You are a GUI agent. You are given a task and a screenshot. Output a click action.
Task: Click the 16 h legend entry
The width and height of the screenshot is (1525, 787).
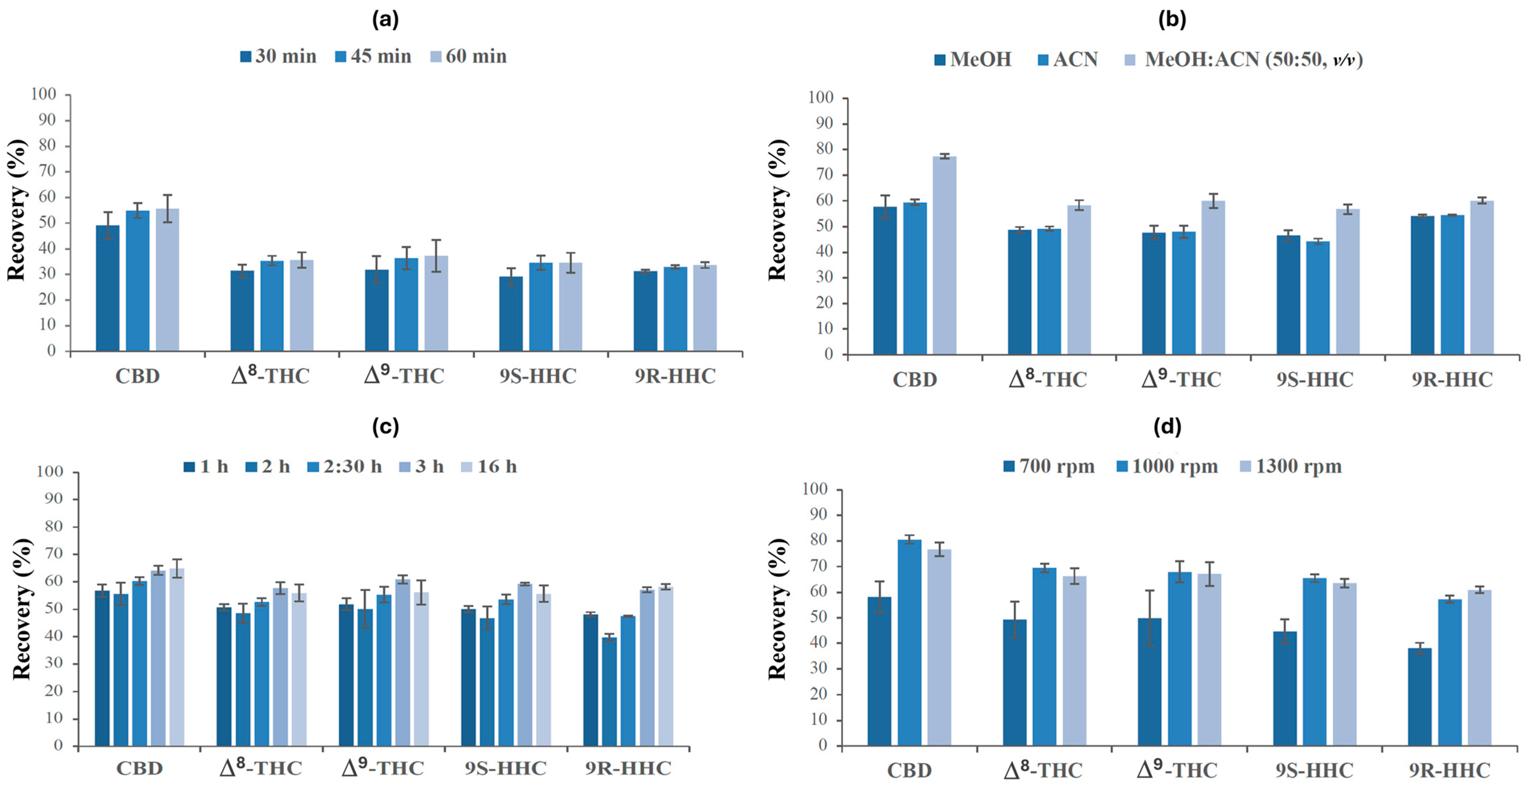pyautogui.click(x=489, y=467)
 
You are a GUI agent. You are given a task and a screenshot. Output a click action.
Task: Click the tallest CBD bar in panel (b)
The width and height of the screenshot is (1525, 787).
pyautogui.click(x=945, y=255)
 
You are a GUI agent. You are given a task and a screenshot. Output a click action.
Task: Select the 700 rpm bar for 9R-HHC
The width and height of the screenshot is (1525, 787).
pyautogui.click(x=1420, y=696)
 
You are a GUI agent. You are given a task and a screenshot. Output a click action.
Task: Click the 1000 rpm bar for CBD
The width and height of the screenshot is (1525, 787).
pyautogui.click(x=909, y=642)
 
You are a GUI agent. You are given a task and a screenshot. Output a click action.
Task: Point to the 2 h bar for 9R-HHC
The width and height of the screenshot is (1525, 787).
pyautogui.click(x=609, y=691)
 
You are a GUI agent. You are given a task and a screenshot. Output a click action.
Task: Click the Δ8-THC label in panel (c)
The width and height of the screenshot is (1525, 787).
pyautogui.click(x=260, y=768)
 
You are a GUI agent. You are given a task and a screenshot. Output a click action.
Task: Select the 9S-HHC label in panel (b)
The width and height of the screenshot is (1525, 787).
pyautogui.click(x=1315, y=380)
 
